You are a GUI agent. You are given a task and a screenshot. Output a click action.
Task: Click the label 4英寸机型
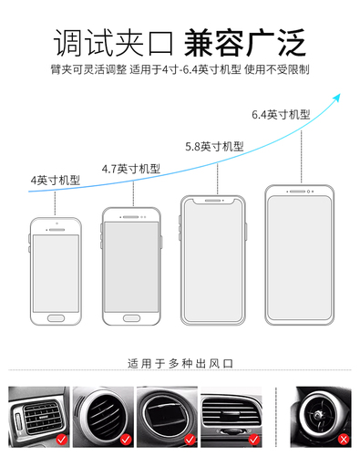coord(56,181)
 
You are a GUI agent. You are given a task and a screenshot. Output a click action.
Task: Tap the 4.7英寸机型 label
coord(131,169)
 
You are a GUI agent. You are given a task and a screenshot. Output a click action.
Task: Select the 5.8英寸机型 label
coord(214,147)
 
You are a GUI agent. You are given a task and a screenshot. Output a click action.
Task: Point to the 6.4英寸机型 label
coord(281,115)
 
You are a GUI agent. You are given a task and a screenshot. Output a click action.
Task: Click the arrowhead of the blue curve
coord(336,98)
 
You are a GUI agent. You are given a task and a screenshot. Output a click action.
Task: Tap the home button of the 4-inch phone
coord(56,318)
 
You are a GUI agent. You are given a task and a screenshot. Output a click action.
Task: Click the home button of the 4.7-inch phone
coord(131,318)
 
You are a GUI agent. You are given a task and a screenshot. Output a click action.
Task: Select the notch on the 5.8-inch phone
coord(214,202)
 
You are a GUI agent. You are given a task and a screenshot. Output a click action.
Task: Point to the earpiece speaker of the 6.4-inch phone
coord(297,192)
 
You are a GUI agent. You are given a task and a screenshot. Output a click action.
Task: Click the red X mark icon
coord(344,440)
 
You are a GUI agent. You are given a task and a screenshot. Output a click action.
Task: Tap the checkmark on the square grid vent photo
coord(62,440)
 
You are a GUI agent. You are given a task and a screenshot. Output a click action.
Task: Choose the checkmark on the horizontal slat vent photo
coord(254,440)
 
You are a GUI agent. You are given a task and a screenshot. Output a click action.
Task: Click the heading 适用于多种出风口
coord(180,364)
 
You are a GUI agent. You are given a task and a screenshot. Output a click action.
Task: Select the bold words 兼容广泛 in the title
coord(244,43)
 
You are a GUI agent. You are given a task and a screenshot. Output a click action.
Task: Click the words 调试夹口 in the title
coord(114,43)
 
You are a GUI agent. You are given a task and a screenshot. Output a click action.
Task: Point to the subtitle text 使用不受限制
coord(277,69)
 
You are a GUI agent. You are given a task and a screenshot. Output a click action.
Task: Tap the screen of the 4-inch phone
coord(56,273)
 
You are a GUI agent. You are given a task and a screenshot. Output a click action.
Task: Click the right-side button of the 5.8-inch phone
coord(246,230)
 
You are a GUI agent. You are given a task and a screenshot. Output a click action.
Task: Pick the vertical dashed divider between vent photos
coord(276,417)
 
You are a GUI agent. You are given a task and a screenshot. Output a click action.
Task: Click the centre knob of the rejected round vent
coord(318,414)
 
